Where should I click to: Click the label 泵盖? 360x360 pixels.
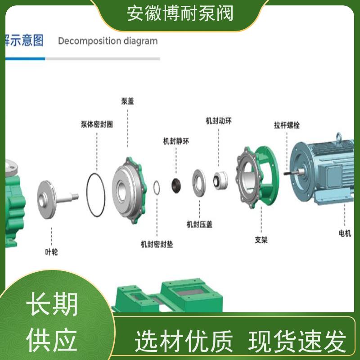pos(127,102)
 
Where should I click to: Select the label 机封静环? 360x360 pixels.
pos(176,141)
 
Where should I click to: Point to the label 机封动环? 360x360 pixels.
pos(219,121)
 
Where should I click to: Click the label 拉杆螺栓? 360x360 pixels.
pos(287,125)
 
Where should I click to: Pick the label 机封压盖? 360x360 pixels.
pos(199,224)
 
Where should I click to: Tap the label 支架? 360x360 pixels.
pos(261,240)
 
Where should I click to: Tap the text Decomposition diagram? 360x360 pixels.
pos(108,41)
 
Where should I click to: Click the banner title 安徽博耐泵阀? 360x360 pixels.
pos(180,13)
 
